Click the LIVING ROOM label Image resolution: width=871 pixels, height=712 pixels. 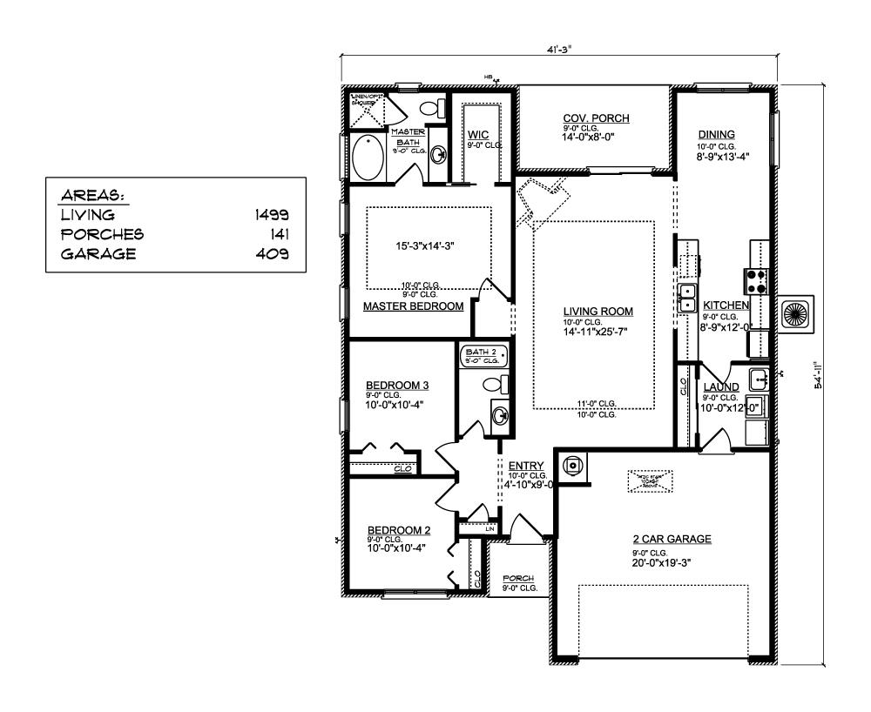(597, 311)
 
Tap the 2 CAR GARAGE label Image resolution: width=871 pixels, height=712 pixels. (672, 540)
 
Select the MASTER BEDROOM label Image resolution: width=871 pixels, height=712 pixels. (413, 306)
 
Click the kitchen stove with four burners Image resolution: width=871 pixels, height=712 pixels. (754, 280)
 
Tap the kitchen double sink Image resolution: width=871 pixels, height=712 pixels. (686, 298)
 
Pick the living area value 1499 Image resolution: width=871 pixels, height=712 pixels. (273, 214)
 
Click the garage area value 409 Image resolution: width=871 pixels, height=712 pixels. (274, 254)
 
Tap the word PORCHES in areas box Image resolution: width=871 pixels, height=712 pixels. (102, 234)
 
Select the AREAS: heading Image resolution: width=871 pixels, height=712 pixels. (91, 195)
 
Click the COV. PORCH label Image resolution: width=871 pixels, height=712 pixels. (596, 118)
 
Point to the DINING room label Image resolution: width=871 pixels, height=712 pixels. (717, 134)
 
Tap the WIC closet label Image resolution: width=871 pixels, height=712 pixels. (477, 135)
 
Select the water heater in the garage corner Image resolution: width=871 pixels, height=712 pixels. (572, 465)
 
